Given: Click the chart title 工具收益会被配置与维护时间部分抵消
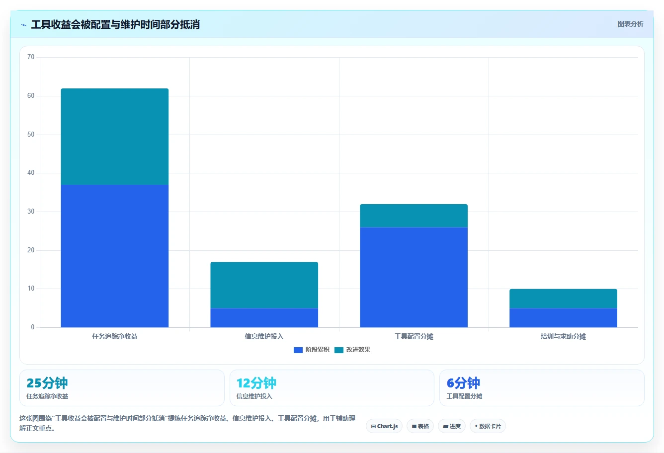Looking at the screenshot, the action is (115, 24).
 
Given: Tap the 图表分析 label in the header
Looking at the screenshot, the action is (630, 24).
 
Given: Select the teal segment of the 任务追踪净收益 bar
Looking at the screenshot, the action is (115, 137).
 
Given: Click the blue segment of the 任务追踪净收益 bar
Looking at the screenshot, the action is (115, 256).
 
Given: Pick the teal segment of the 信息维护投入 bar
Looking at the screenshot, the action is (264, 285).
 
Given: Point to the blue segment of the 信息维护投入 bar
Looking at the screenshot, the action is (264, 317).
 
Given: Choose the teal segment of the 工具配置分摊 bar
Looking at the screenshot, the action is (414, 216).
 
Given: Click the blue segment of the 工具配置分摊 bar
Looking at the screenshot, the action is (414, 277).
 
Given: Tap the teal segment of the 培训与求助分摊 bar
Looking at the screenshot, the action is (563, 299).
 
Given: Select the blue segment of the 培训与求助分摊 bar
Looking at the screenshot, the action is (563, 317).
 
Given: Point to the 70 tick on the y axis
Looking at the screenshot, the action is (31, 57).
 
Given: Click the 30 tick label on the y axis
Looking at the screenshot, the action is (31, 211).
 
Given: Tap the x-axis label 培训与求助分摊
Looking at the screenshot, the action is (563, 336).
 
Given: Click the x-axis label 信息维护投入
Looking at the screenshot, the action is (264, 336).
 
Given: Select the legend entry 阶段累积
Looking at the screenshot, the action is (311, 350).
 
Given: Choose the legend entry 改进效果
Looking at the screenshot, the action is (352, 350).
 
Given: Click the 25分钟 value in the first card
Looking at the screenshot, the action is (47, 383).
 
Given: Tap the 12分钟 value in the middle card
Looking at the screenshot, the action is (256, 383).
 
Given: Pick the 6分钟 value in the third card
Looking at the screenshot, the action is (463, 383).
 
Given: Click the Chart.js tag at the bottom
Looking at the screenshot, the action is (384, 426).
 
